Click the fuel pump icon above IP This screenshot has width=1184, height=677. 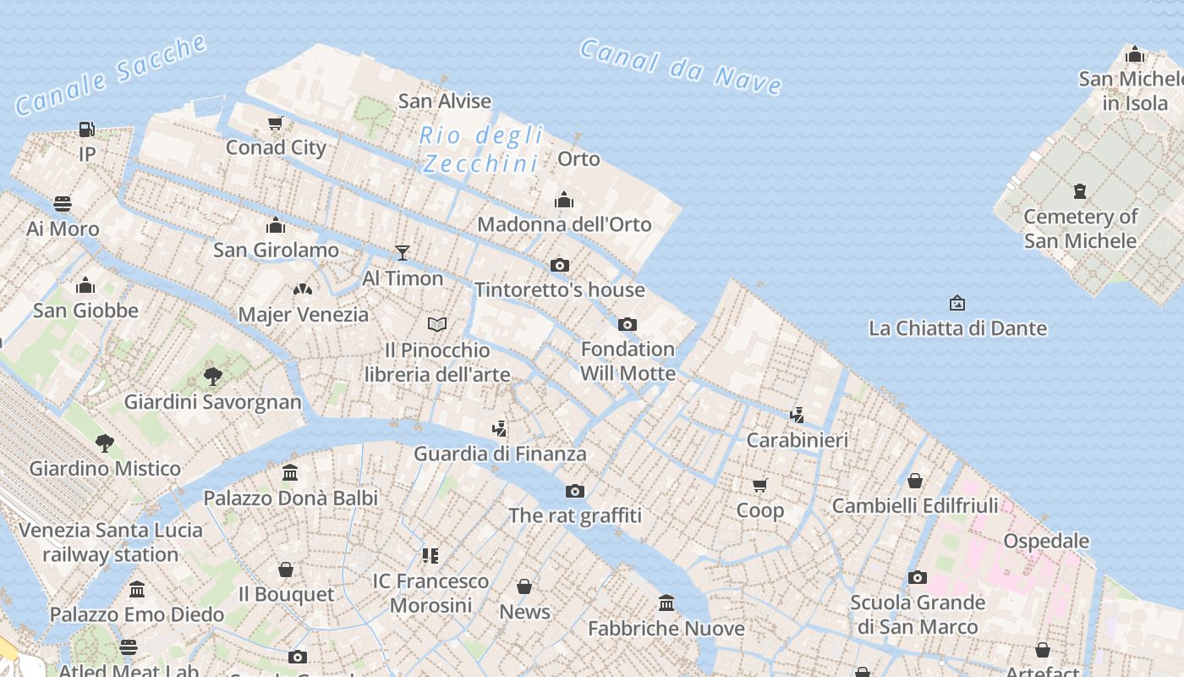click(86, 129)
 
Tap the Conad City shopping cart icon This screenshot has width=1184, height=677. click(275, 124)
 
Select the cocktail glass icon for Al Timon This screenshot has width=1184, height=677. click(403, 252)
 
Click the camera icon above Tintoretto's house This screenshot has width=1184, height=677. click(559, 266)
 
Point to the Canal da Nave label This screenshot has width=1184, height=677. click(681, 67)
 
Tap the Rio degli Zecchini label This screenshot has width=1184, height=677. click(481, 149)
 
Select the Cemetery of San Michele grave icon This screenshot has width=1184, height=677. click(1080, 191)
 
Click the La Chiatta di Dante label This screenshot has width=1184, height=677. click(957, 328)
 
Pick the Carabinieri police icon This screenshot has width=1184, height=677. click(797, 415)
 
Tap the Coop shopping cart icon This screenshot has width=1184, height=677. click(759, 485)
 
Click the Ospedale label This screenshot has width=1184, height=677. click(1045, 541)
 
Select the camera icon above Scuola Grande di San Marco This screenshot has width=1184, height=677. click(918, 578)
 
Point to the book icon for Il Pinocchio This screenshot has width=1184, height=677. click(437, 324)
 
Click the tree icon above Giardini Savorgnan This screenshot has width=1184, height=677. click(213, 376)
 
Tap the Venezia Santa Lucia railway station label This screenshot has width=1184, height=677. click(111, 542)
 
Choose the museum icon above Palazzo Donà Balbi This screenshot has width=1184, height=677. click(290, 472)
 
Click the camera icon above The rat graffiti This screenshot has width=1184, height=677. click(575, 491)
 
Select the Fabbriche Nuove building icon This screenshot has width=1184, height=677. click(666, 603)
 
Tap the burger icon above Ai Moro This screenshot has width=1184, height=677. click(63, 204)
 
